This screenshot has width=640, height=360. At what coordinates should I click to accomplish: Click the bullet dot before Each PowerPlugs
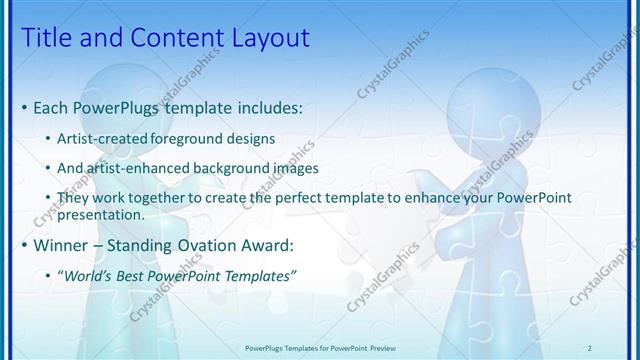point(24,107)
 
